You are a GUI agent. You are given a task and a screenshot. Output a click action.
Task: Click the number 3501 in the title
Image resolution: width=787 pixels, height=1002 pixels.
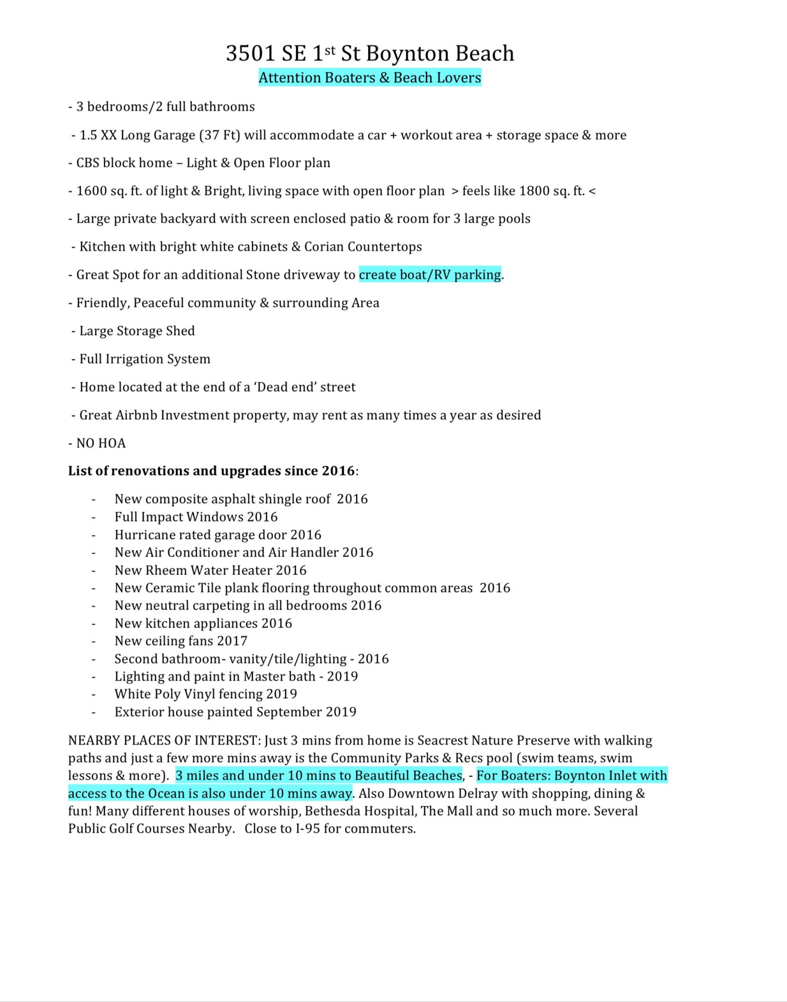[250, 54]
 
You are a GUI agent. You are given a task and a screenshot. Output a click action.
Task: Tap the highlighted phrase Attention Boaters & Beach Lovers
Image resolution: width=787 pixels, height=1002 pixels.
[370, 78]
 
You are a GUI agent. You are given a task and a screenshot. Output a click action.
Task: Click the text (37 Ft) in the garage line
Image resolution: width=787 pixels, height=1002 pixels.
[220, 135]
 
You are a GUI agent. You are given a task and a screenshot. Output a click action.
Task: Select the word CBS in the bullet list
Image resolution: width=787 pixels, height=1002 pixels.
[88, 163]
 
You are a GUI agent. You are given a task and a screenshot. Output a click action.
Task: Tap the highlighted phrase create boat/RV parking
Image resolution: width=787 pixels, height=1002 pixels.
[430, 275]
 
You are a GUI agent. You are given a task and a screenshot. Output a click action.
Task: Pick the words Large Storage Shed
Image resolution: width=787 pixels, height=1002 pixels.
[137, 331]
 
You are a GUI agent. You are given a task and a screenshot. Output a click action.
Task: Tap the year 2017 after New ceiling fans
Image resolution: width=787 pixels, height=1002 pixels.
[232, 641]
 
